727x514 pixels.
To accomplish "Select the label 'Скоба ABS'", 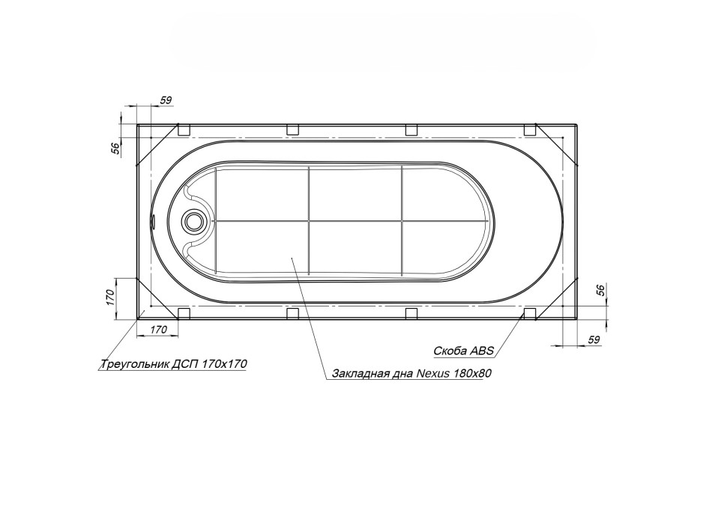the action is pyautogui.click(x=464, y=351).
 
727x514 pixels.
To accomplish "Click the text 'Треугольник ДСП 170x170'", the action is pyautogui.click(x=174, y=364).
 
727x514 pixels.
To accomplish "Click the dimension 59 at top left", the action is pyautogui.click(x=166, y=100).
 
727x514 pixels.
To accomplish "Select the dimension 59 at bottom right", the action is pyautogui.click(x=594, y=339).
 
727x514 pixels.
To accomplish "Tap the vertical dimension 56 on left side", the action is pyautogui.click(x=115, y=148).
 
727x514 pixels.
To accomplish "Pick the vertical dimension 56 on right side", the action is pyautogui.click(x=600, y=291).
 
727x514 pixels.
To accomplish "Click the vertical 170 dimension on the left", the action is pyautogui.click(x=110, y=297).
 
